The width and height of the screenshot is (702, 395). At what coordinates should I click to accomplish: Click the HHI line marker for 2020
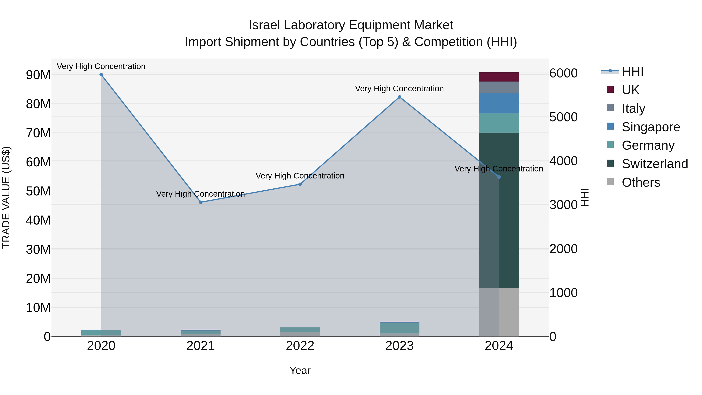[101, 75]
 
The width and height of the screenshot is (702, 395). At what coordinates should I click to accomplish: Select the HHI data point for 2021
[201, 202]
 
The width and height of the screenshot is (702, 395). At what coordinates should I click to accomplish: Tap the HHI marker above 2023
[400, 97]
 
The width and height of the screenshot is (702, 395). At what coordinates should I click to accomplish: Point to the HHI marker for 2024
[499, 177]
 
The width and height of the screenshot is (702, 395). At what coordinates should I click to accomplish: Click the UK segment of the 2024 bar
[499, 77]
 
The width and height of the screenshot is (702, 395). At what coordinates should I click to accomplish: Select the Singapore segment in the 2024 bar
[499, 103]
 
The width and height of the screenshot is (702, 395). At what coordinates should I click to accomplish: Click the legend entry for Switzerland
[655, 164]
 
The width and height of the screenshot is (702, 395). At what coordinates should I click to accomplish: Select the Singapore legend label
[651, 127]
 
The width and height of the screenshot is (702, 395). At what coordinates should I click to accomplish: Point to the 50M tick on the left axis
[38, 191]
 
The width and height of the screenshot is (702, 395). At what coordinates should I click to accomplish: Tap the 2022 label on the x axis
[300, 346]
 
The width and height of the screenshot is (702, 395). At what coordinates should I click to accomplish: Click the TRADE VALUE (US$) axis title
[6, 197]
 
